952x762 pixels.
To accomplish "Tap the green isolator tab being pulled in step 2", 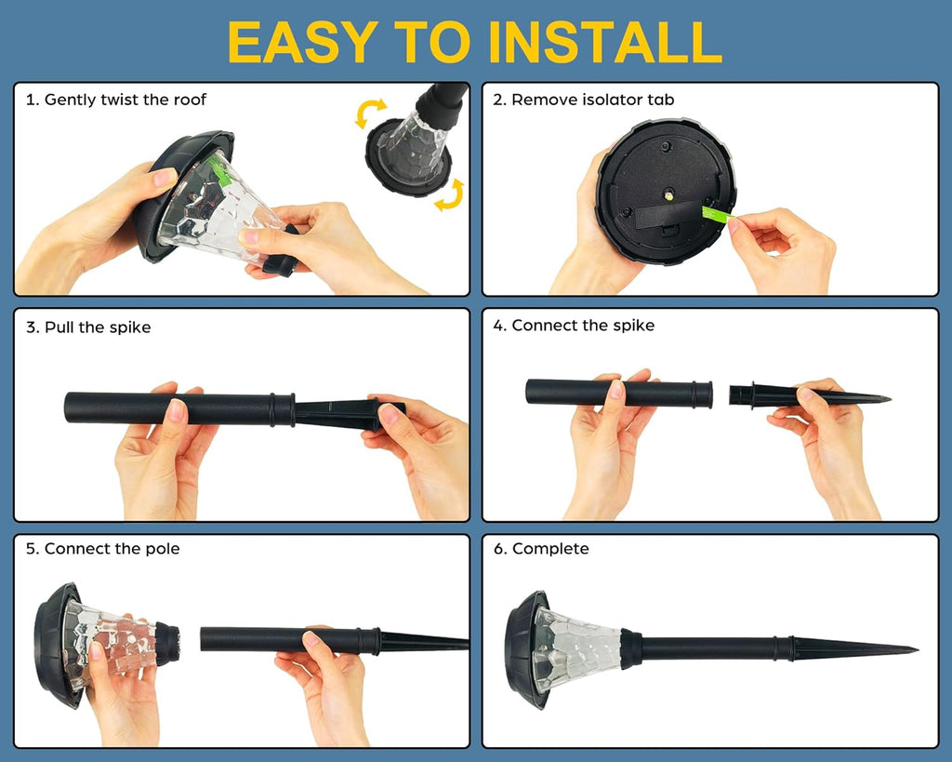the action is pyautogui.click(x=718, y=213).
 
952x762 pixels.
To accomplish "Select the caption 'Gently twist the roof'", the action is pyautogui.click(x=126, y=100).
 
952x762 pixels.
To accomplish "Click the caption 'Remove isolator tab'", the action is pyautogui.click(x=592, y=100).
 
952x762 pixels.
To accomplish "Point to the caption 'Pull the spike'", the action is pyautogui.click(x=98, y=328).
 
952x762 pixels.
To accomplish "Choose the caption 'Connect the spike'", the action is pyautogui.click(x=583, y=326).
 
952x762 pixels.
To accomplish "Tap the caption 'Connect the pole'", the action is pyautogui.click(x=112, y=549).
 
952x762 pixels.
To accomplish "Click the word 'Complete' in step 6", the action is pyautogui.click(x=550, y=549).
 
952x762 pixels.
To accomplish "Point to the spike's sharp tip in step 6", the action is pyautogui.click(x=916, y=649).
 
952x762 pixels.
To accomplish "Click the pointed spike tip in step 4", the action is pyautogui.click(x=889, y=399).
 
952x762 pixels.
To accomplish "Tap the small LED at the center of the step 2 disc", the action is pyautogui.click(x=668, y=194).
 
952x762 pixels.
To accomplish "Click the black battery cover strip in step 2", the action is pyautogui.click(x=668, y=216).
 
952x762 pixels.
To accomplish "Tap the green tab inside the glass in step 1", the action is pyautogui.click(x=218, y=169).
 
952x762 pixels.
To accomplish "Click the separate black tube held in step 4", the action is pyautogui.click(x=618, y=394).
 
